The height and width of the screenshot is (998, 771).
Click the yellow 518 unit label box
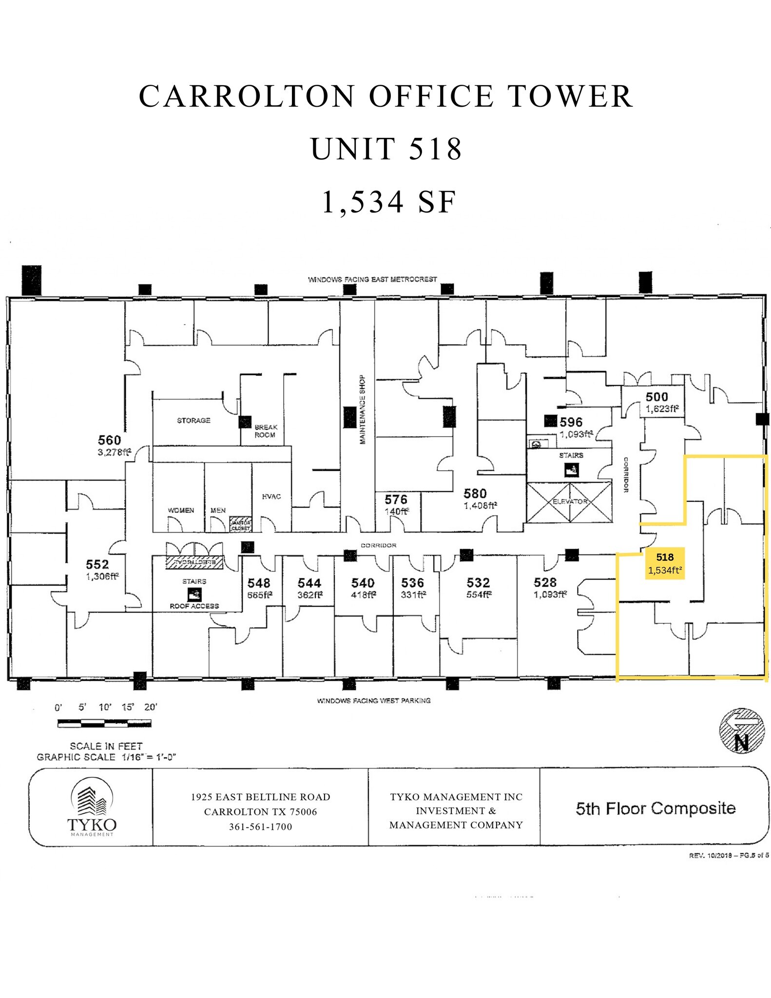tap(665, 563)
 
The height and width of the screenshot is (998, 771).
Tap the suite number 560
tap(109, 440)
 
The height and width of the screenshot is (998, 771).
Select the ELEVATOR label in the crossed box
tap(570, 501)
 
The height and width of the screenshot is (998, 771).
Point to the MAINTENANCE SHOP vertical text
tap(362, 409)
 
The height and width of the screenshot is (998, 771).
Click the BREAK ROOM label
tap(266, 431)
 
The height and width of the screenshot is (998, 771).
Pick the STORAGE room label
tap(193, 420)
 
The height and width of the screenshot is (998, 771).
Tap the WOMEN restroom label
tap(181, 510)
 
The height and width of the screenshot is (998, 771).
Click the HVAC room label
tap(271, 496)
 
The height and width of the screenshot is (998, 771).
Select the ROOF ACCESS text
tap(194, 606)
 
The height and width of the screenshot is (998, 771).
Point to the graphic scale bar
tap(104, 724)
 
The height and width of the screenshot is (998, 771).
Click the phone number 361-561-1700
tap(260, 827)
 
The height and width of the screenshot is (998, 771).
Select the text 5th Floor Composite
tap(655, 808)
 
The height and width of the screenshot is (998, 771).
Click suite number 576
tap(396, 499)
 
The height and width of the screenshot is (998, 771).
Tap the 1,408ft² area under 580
tap(480, 505)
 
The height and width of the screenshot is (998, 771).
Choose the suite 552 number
tap(97, 564)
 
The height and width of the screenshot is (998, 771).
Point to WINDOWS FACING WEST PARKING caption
tap(374, 700)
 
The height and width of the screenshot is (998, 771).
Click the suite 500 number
tap(656, 397)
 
